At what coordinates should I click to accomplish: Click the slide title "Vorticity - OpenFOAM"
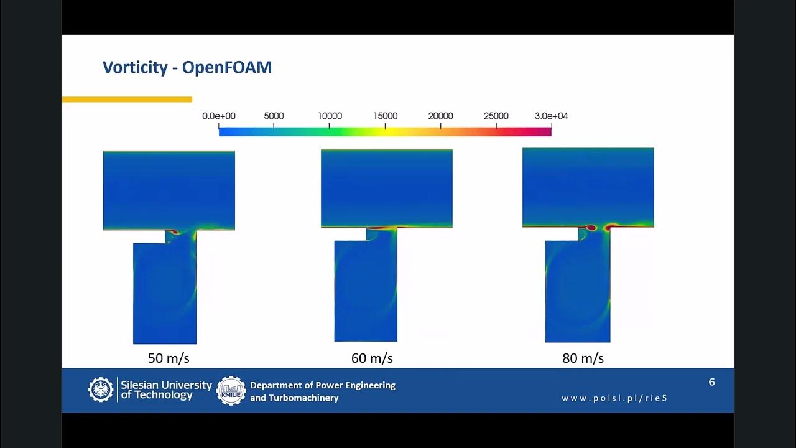point(187,67)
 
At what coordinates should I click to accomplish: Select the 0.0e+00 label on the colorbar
point(219,116)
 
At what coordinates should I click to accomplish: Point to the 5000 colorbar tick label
point(274,116)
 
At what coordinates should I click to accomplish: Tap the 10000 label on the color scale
point(330,116)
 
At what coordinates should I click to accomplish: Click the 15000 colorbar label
point(385,116)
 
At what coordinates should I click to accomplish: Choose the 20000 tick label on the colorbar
point(440,116)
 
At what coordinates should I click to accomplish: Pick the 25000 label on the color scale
point(496,116)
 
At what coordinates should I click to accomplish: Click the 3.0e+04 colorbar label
point(551,116)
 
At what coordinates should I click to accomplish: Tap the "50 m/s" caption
point(168,358)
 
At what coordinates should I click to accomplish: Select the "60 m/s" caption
point(372,358)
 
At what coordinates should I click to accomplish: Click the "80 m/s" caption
point(583,358)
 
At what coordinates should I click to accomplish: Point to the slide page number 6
point(712,382)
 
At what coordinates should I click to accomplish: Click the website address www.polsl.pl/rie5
point(614,398)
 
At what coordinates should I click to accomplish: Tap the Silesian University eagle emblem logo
point(101,390)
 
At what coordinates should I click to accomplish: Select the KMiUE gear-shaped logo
point(231,391)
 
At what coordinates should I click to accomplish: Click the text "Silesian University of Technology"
point(166,390)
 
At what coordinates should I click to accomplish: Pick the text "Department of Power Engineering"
point(323,385)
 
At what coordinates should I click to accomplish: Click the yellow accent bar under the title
point(127,100)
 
